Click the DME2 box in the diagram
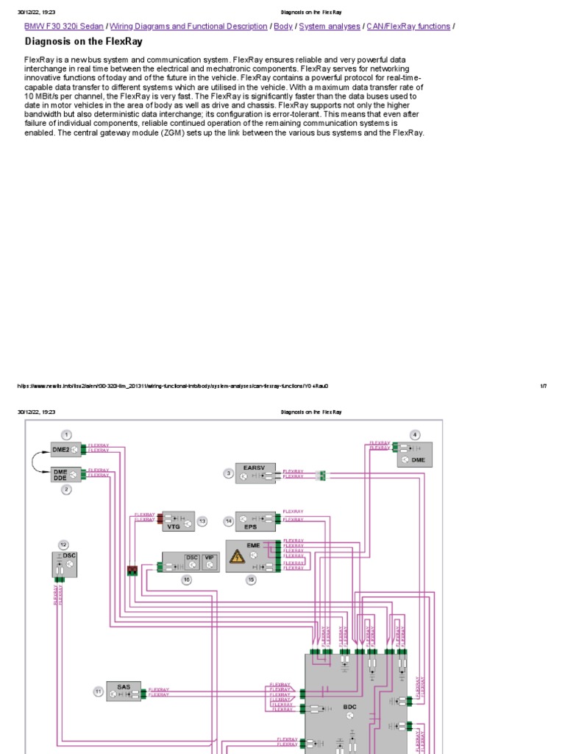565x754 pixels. click(66, 450)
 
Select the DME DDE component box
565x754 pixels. click(66, 475)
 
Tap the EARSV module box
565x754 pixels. click(255, 473)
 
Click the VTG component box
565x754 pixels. click(178, 521)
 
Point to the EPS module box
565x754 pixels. click(255, 521)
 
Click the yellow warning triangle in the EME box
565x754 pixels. click(237, 558)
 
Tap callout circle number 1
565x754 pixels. click(66, 434)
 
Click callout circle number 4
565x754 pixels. click(415, 434)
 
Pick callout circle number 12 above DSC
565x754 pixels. click(63, 544)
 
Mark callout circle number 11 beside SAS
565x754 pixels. click(98, 691)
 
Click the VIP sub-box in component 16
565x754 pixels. click(209, 558)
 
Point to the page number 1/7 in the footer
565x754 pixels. click(543, 386)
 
